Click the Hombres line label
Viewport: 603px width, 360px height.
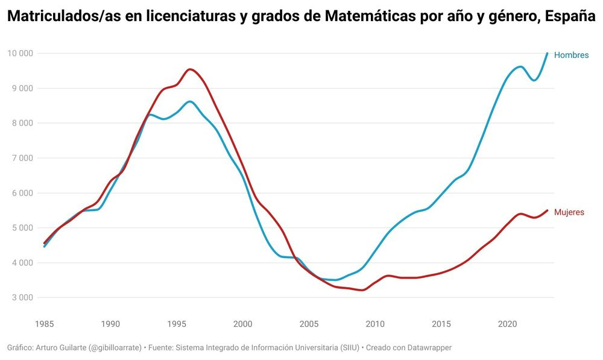pos(571,55)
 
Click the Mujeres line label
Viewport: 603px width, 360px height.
pos(569,212)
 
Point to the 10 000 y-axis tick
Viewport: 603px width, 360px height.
pos(19,53)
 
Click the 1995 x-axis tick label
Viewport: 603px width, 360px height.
pos(176,324)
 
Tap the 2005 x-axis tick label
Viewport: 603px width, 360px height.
pos(309,324)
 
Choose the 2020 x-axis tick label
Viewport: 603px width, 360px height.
pos(507,324)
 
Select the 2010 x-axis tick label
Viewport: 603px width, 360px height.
pos(375,324)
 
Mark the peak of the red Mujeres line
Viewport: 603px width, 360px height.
pos(191,69)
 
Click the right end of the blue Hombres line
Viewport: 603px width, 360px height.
pos(547,53)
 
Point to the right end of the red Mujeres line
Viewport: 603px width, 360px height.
pos(547,210)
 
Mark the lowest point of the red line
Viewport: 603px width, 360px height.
pos(362,290)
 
